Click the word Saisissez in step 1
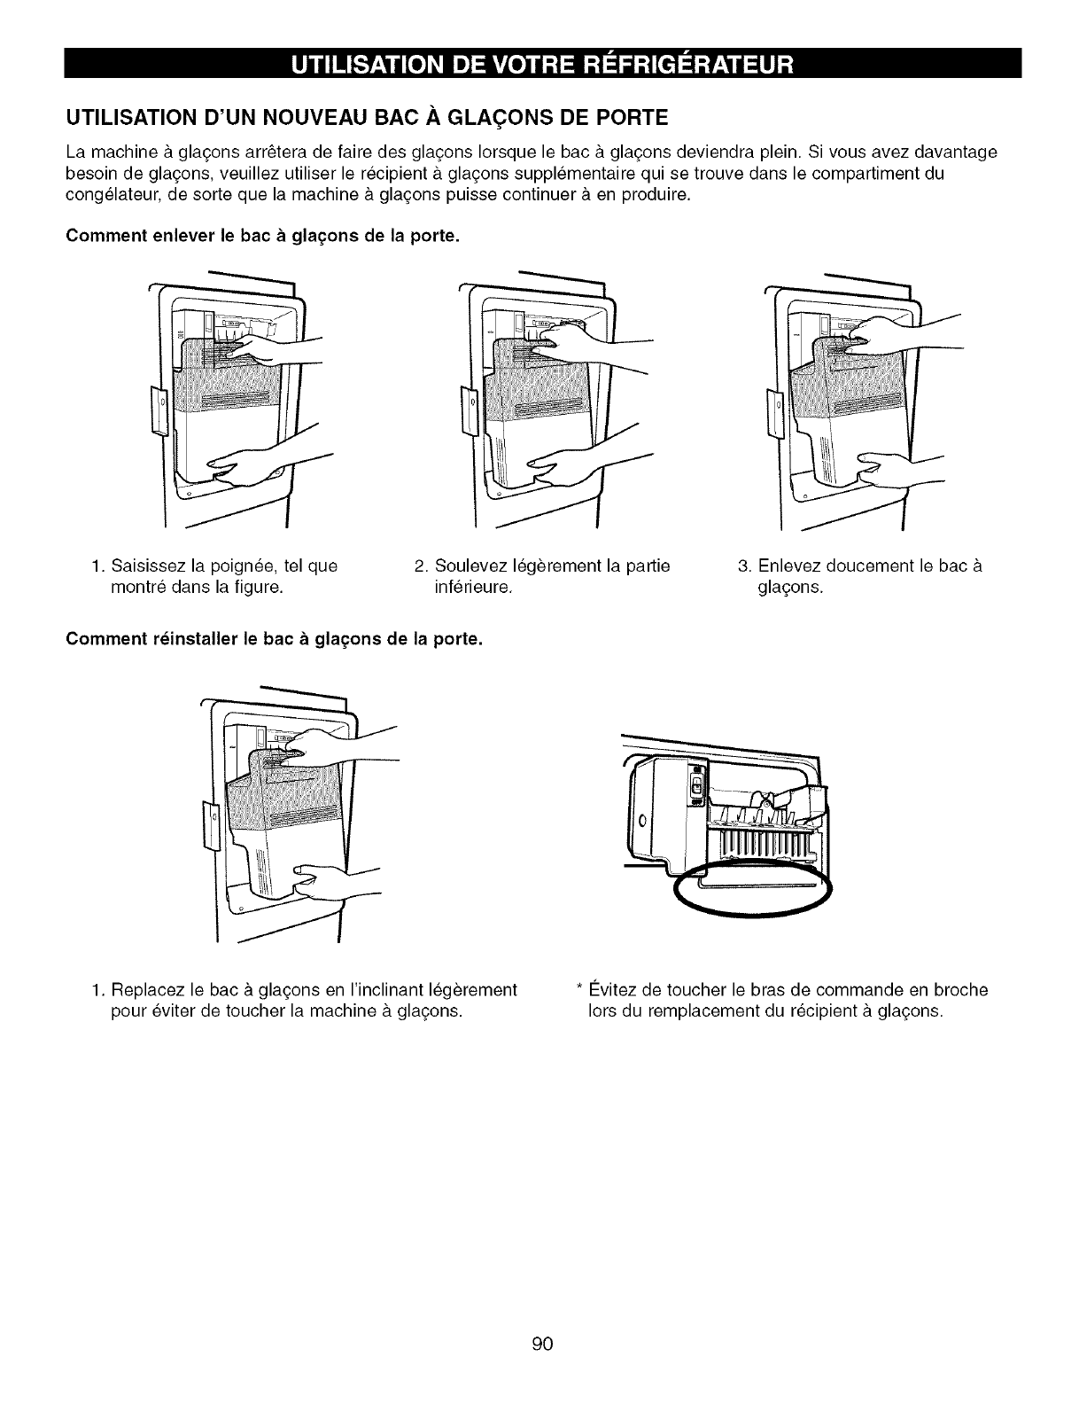[143, 565]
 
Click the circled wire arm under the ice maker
[753, 886]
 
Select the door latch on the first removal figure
[160, 411]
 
